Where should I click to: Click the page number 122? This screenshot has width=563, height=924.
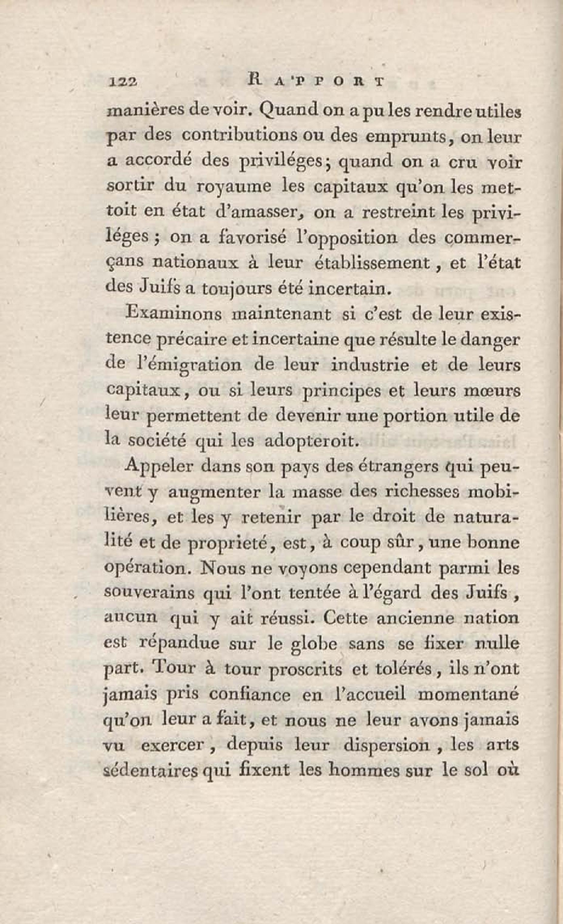pyautogui.click(x=123, y=82)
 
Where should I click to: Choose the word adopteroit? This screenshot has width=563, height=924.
pyautogui.click(x=309, y=441)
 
